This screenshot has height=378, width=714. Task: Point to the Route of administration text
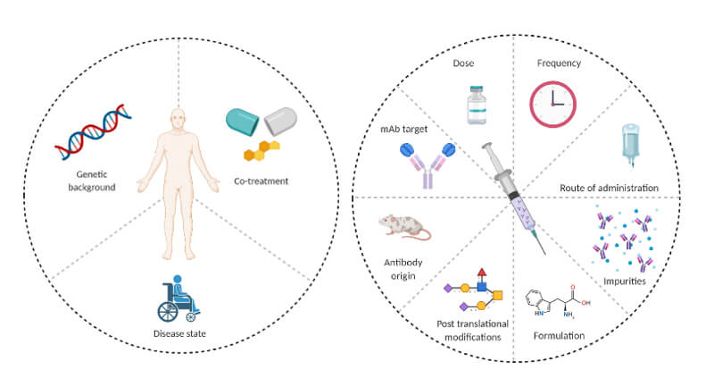coord(609,188)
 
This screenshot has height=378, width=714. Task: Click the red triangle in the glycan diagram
coord(483,271)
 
